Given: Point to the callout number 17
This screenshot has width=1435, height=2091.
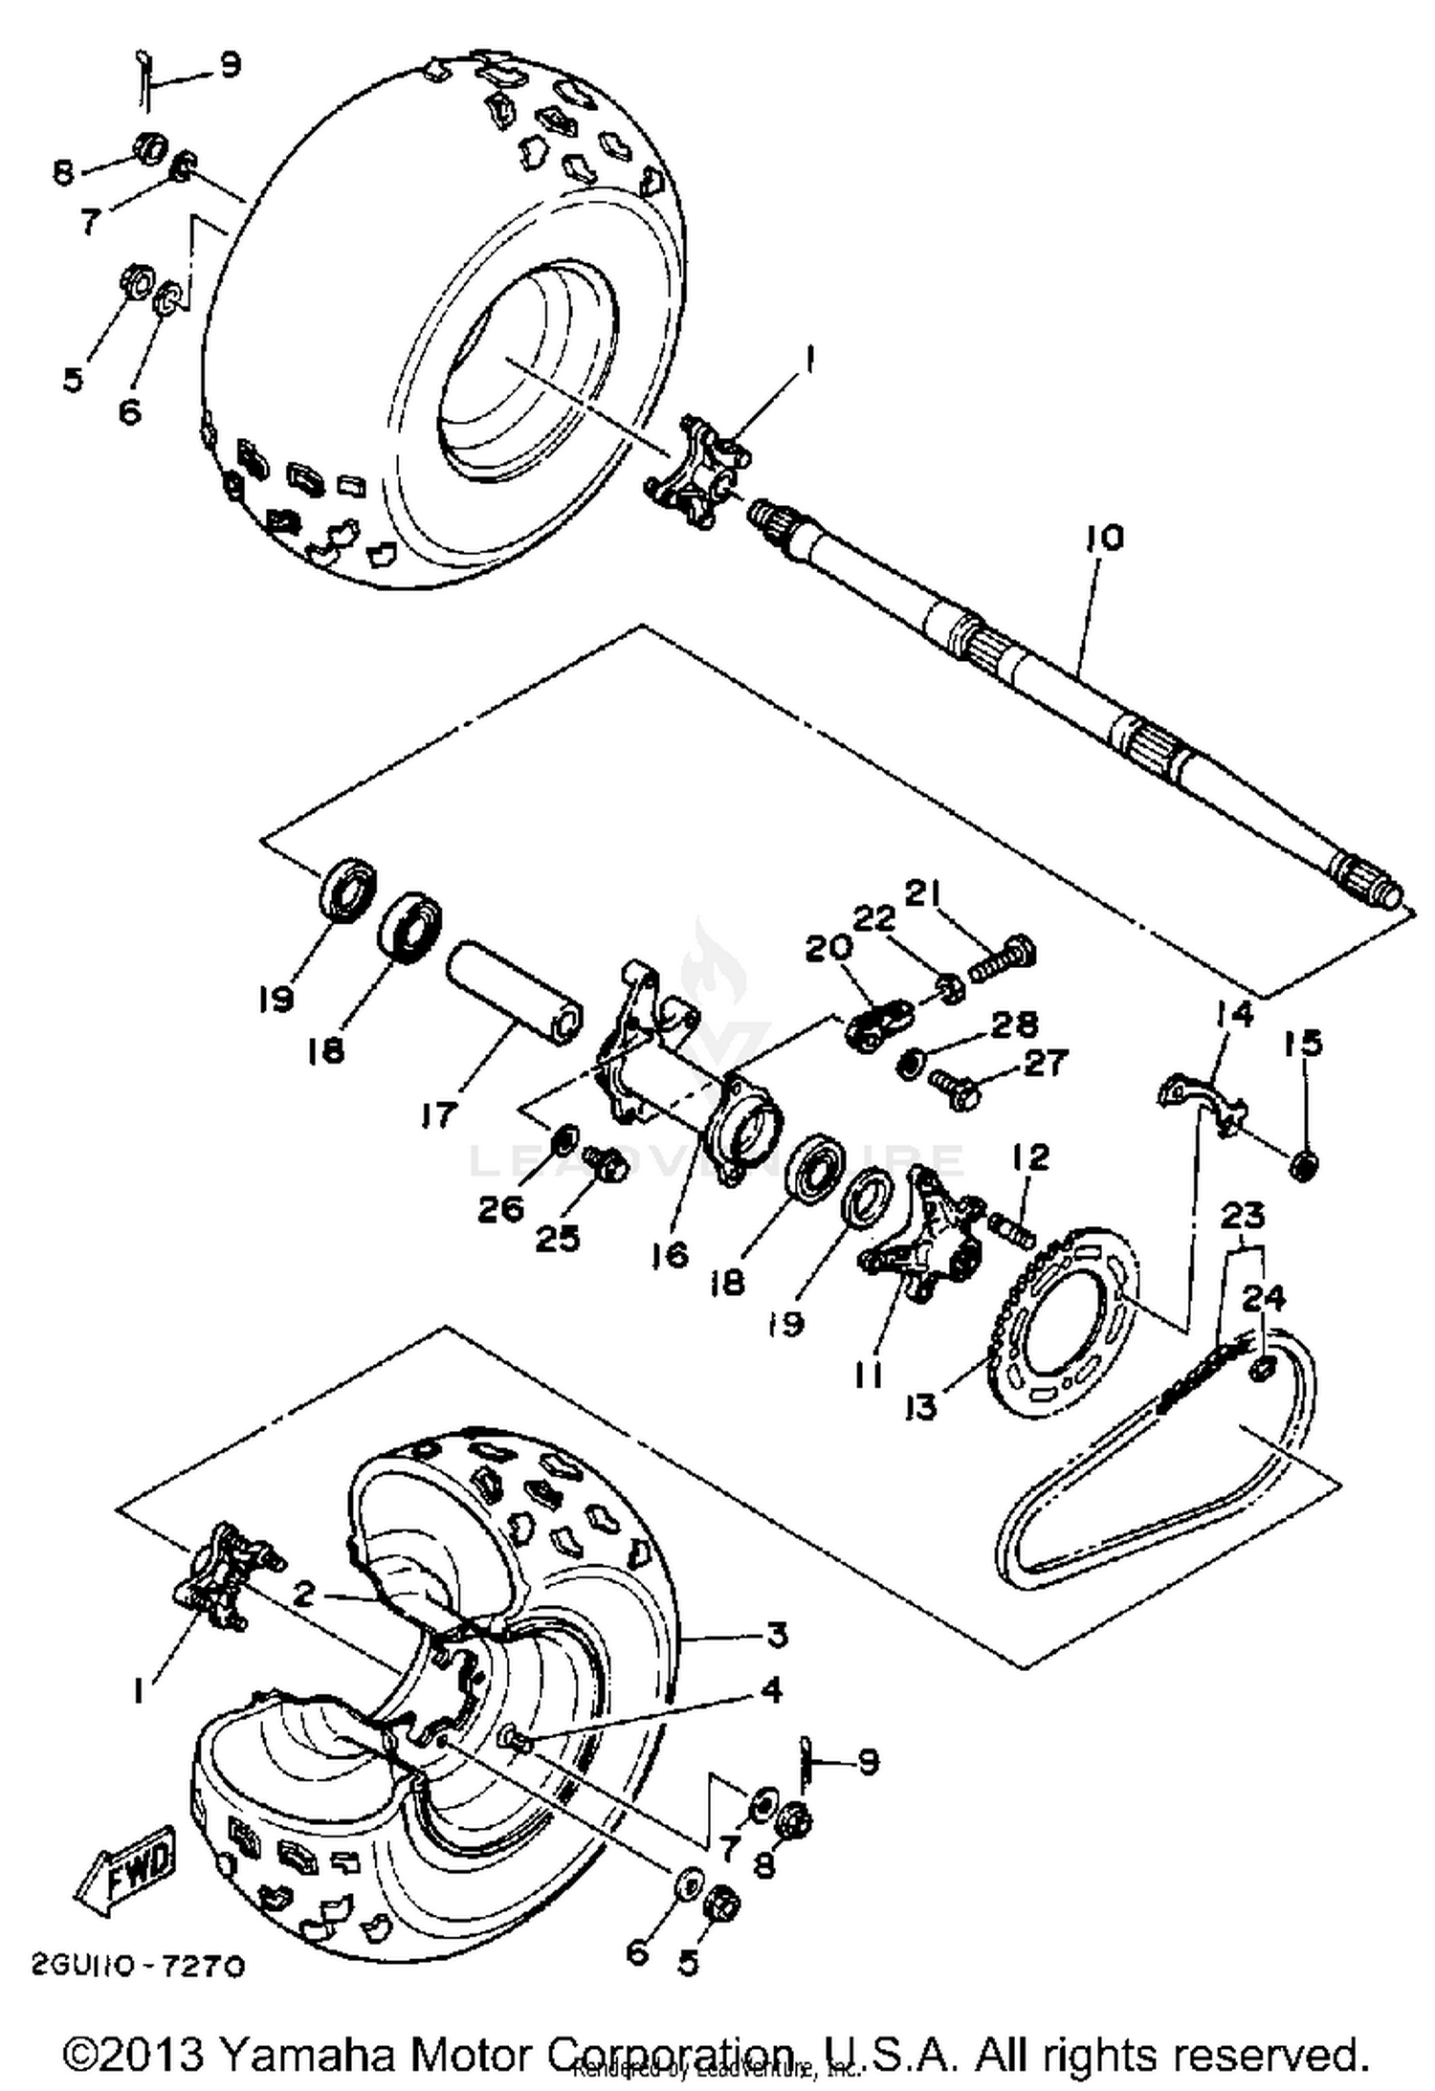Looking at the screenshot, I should (439, 1113).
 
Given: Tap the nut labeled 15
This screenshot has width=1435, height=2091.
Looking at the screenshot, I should (1304, 1165).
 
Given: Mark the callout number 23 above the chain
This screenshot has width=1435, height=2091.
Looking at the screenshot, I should (1242, 1216).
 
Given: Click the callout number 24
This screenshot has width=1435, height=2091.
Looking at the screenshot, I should (1264, 1298).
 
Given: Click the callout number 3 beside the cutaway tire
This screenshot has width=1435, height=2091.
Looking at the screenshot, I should (778, 1635).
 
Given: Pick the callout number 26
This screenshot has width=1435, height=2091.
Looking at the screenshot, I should (501, 1209).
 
